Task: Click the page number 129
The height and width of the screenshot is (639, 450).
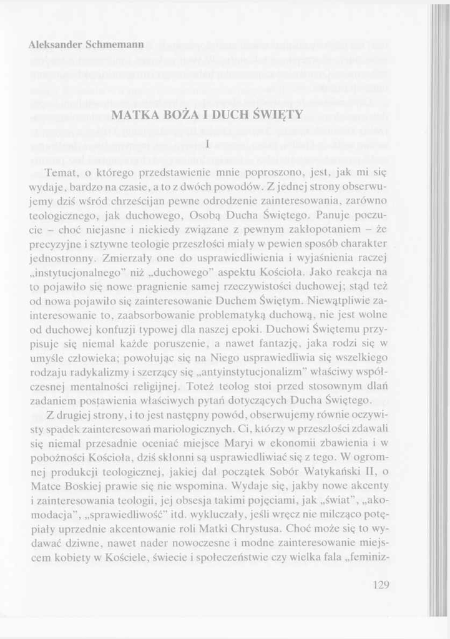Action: (379, 585)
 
